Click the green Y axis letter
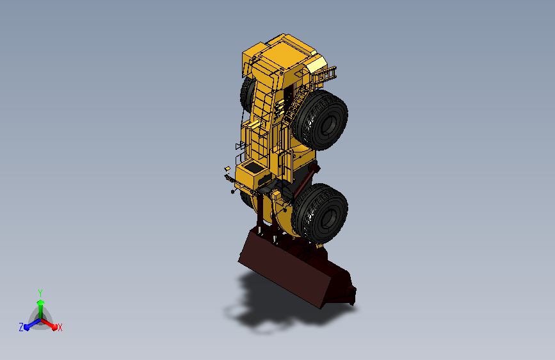(x=40, y=291)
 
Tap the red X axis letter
(x=60, y=327)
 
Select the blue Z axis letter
(x=21, y=327)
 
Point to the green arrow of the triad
(x=40, y=304)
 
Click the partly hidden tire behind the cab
(x=246, y=93)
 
